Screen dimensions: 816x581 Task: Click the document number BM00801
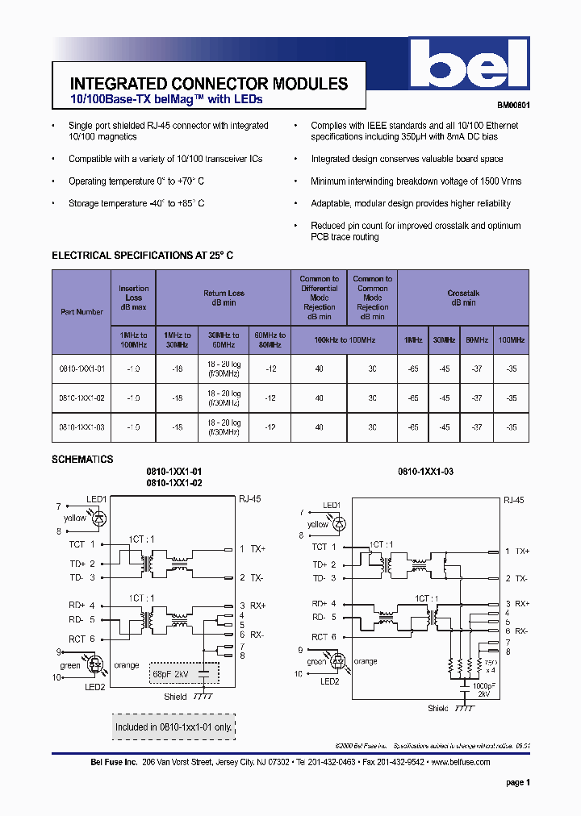pyautogui.click(x=513, y=105)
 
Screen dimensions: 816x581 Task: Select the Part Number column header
pyautogui.click(x=82, y=311)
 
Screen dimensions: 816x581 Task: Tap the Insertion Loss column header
pyautogui.click(x=133, y=298)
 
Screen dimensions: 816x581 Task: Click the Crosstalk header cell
pyautogui.click(x=463, y=298)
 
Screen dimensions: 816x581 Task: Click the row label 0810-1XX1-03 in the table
pyautogui.click(x=82, y=427)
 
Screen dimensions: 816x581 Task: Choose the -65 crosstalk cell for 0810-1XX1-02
pyautogui.click(x=413, y=398)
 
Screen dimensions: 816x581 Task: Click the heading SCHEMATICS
pyautogui.click(x=82, y=460)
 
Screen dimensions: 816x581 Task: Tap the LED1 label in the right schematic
pyautogui.click(x=332, y=505)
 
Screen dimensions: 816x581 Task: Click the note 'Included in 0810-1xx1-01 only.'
pyautogui.click(x=173, y=726)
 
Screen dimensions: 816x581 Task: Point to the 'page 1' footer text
pyautogui.click(x=518, y=782)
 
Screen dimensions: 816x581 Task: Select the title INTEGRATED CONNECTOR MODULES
pyautogui.click(x=209, y=84)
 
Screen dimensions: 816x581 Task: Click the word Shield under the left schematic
pyautogui.click(x=175, y=697)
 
